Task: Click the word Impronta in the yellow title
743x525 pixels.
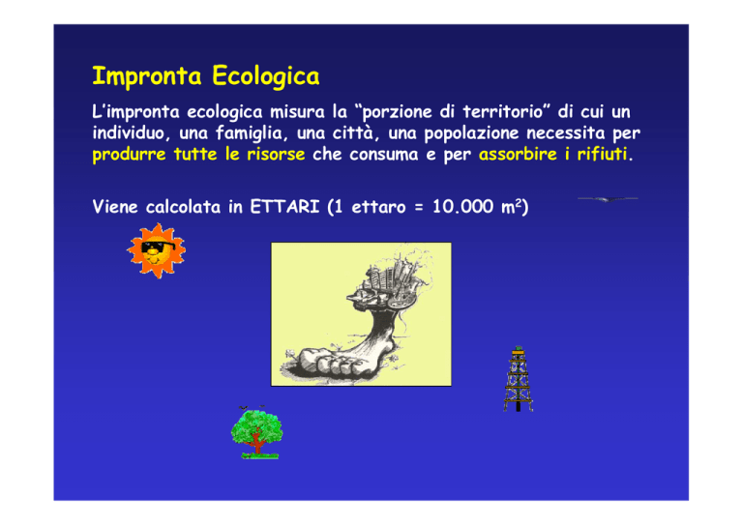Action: (x=147, y=76)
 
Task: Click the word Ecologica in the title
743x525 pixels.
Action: (x=266, y=76)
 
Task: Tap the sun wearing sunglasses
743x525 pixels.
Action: (x=157, y=250)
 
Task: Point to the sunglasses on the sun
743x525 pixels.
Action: (x=158, y=247)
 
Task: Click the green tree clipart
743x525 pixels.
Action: (x=256, y=433)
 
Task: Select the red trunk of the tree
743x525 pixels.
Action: (x=256, y=444)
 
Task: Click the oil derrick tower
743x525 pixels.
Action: (x=518, y=379)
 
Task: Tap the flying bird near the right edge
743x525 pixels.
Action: (x=608, y=199)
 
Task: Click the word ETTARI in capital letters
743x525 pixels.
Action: (x=284, y=207)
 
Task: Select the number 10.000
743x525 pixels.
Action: (x=463, y=207)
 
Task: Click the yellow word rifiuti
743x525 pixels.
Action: (x=603, y=155)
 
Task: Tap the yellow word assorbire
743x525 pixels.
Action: (x=518, y=155)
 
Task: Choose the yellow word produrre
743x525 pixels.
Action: (x=129, y=156)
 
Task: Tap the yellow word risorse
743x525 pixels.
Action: (x=276, y=155)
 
